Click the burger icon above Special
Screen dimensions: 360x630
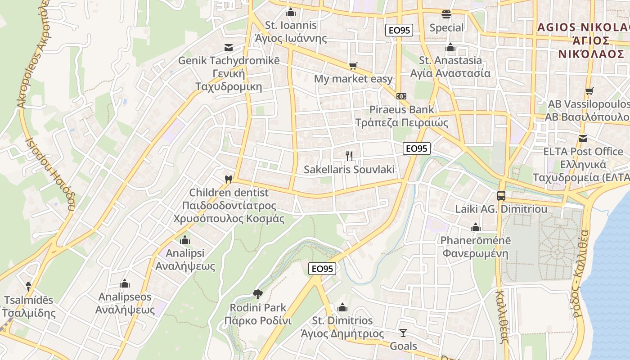[446, 14]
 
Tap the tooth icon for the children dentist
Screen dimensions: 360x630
[229, 179]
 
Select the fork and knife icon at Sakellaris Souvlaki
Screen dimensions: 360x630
[349, 156]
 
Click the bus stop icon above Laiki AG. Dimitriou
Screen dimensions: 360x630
[501, 196]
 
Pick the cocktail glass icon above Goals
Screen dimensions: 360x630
[403, 333]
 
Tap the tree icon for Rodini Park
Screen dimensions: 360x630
[258, 294]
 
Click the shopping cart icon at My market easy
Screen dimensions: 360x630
[353, 66]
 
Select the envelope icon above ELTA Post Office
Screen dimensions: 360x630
[583, 138]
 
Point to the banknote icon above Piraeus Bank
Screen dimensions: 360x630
[401, 96]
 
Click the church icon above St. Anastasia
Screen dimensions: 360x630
[450, 47]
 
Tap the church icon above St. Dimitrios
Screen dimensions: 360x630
[342, 307]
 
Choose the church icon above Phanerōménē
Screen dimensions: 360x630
[476, 227]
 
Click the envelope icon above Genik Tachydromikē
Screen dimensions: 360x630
[229, 47]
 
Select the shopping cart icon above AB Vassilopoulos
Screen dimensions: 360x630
[589, 91]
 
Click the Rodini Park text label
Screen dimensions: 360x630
[258, 308]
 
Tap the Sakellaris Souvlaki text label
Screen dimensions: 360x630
[349, 170]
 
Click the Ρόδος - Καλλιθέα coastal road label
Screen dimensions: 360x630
[580, 274]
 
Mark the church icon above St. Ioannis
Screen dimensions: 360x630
[291, 12]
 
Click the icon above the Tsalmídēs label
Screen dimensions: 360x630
[28, 286]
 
